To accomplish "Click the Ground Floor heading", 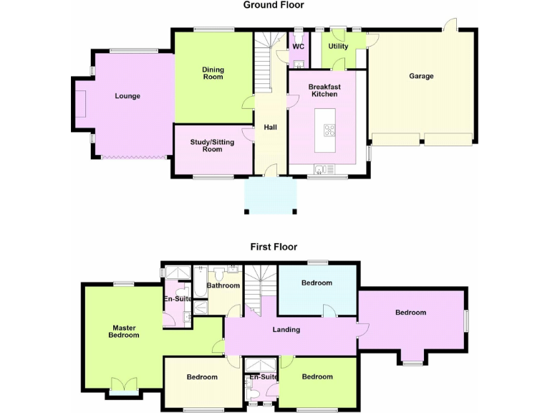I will (274, 5).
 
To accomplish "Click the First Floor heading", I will (274, 247).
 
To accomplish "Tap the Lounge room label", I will (127, 96).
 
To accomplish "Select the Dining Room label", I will (213, 73).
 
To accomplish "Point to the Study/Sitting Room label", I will (212, 146).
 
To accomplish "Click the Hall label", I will (270, 128).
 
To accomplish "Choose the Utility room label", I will (338, 47).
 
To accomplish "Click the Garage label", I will (421, 76).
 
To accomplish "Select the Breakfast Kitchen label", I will (324, 90).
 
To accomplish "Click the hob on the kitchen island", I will (329, 130).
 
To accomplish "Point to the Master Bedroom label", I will (124, 331).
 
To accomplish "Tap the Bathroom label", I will (223, 285).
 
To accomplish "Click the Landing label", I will (286, 330).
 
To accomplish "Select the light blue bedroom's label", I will (317, 283).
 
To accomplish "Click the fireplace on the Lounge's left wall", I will (81, 105).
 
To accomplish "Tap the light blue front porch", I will (270, 196).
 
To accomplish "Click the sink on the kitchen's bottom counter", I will (319, 169).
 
